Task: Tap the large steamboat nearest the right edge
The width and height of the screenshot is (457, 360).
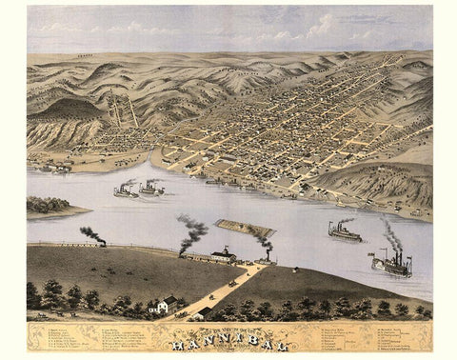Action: (x=392, y=266)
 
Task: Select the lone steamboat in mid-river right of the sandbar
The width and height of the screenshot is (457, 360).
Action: (x=344, y=231)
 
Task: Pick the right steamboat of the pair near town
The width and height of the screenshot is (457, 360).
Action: (x=151, y=188)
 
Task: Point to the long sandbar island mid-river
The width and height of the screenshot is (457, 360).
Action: (x=245, y=228)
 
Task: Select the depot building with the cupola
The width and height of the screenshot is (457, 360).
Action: (x=223, y=255)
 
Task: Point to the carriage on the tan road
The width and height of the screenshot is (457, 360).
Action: (x=231, y=284)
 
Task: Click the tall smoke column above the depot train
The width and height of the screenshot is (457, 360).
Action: (x=193, y=230)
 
